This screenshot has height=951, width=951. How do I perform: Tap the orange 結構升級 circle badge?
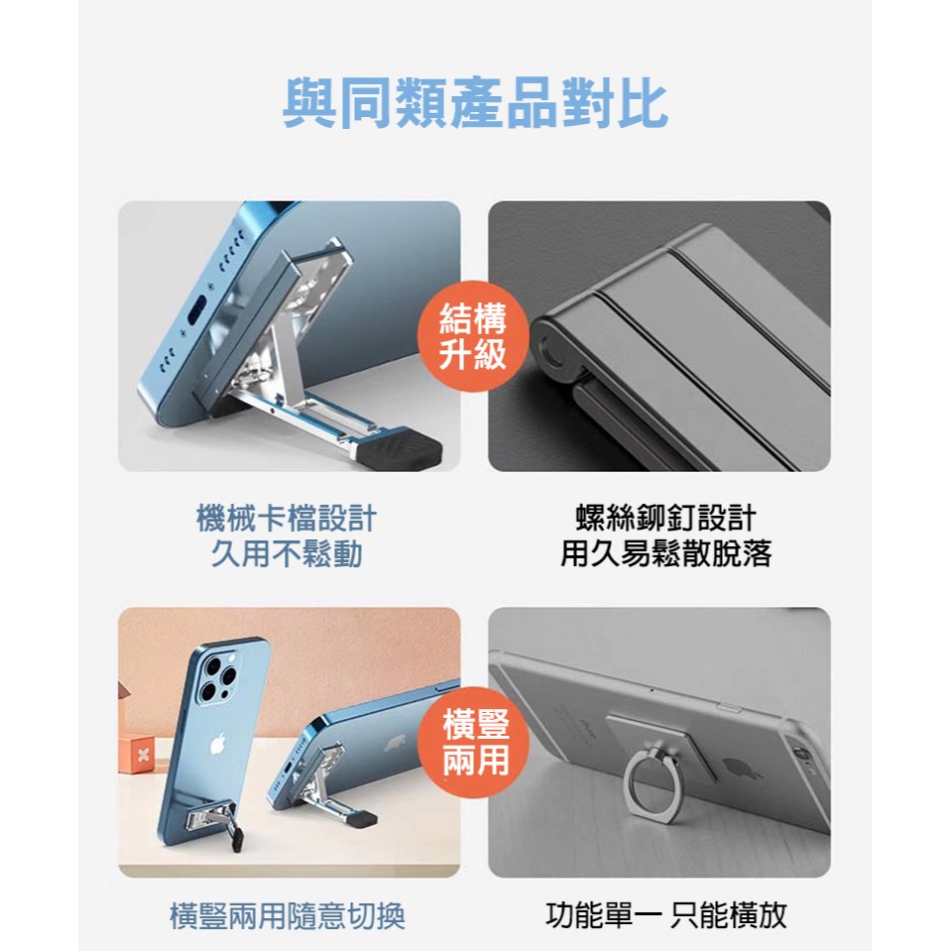[x=474, y=337]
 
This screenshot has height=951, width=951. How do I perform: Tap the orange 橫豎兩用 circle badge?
[x=476, y=742]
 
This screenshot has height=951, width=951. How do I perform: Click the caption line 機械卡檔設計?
[x=288, y=518]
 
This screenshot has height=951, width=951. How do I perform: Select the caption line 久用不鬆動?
[x=288, y=553]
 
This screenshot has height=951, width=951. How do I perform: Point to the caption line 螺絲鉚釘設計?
[x=665, y=518]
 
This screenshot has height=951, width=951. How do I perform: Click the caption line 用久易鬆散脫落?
[x=665, y=553]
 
